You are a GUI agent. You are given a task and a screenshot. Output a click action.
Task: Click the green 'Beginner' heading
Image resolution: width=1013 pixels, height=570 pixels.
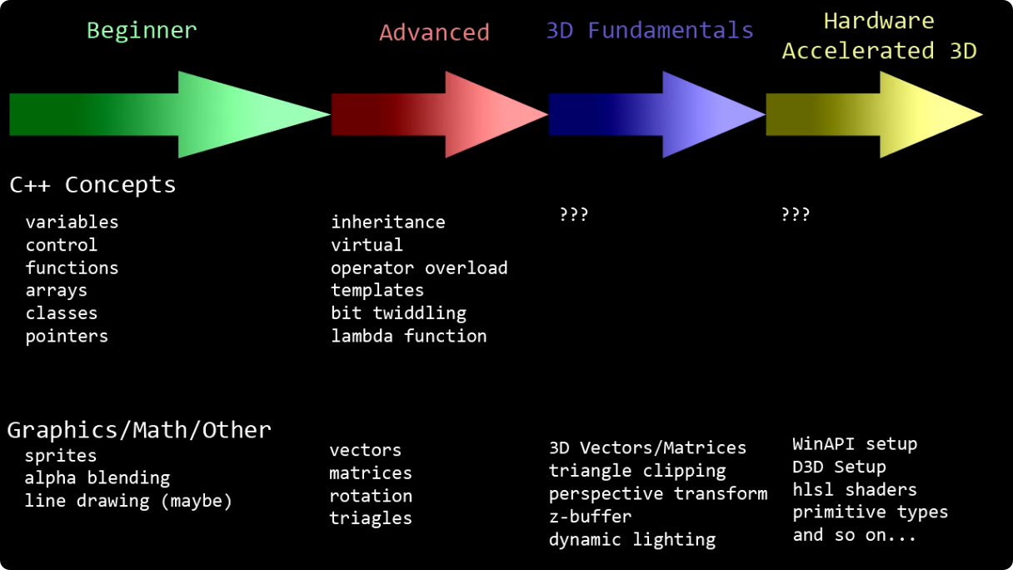(x=142, y=31)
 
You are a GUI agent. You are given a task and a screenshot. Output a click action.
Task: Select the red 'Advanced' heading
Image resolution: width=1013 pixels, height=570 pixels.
(x=434, y=32)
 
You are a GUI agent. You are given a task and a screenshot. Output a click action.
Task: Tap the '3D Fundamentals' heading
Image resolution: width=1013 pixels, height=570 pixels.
(x=650, y=31)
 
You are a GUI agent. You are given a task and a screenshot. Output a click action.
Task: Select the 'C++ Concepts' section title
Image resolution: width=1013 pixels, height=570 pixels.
(x=92, y=184)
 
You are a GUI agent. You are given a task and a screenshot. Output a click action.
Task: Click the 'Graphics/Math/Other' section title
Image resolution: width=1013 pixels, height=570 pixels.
(x=139, y=430)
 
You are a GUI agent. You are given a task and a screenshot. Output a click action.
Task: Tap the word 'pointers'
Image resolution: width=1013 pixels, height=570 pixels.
(x=67, y=337)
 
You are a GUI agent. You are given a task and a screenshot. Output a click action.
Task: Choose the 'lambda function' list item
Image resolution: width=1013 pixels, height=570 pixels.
(x=408, y=337)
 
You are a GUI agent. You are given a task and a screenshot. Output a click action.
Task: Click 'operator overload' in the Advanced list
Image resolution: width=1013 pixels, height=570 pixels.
(x=419, y=267)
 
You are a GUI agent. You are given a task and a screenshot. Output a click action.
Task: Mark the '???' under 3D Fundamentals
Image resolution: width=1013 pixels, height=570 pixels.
(x=573, y=215)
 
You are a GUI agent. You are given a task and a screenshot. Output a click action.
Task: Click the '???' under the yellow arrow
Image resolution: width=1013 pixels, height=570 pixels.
(x=796, y=215)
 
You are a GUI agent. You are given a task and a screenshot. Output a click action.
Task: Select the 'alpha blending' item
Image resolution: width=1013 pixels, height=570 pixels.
(x=97, y=478)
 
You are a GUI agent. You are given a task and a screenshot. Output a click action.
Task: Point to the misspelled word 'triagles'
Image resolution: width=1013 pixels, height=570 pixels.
(x=371, y=518)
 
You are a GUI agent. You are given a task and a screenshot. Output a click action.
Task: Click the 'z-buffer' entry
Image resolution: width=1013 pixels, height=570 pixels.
(x=590, y=517)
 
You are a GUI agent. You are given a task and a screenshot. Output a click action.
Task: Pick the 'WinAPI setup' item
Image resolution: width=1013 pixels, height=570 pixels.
(x=854, y=444)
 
